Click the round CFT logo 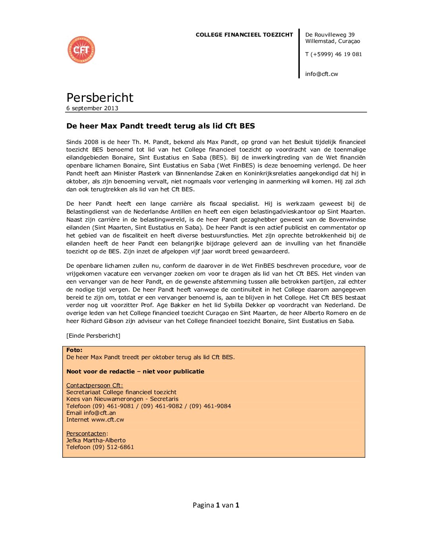[x=81, y=50]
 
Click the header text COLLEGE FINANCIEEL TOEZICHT [x=244, y=35]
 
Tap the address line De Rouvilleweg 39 [x=330, y=35]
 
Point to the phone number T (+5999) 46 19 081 [x=334, y=54]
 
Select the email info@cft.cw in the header [x=322, y=74]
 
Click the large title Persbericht [x=100, y=97]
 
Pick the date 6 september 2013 [x=92, y=108]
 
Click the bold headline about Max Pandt [x=160, y=126]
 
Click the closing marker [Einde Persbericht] [x=93, y=336]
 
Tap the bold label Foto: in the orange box [x=74, y=350]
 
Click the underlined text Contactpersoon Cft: [x=94, y=385]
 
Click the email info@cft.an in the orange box [x=100, y=413]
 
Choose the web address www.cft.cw [x=108, y=420]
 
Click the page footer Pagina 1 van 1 [x=216, y=505]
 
